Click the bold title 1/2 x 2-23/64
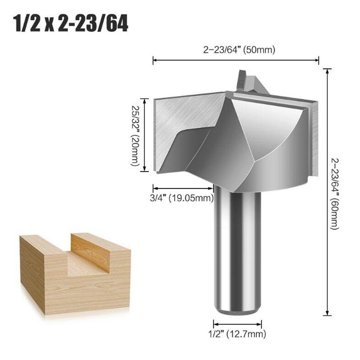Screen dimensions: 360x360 71,24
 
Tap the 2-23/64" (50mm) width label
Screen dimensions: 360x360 239,50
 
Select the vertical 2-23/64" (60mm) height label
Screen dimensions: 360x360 334,194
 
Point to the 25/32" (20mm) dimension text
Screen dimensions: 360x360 135,135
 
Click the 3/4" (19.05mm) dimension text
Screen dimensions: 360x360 182,198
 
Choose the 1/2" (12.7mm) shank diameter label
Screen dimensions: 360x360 237,334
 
